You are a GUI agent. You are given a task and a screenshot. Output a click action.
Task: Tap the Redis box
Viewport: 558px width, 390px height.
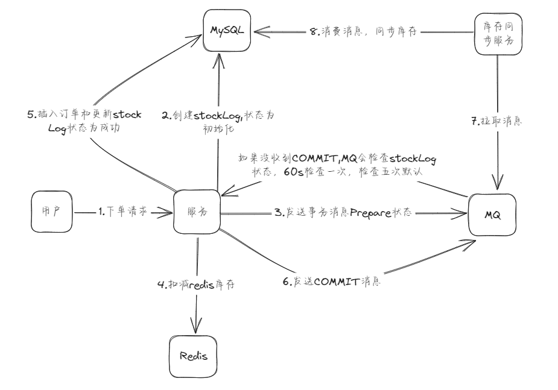[x=194, y=355]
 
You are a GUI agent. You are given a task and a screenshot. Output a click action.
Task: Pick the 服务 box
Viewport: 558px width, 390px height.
[x=197, y=212]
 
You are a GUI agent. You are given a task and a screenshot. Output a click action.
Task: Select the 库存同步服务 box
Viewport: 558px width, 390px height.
[x=498, y=34]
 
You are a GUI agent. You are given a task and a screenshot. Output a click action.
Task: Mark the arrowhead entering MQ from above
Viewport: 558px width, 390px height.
[x=496, y=183]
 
